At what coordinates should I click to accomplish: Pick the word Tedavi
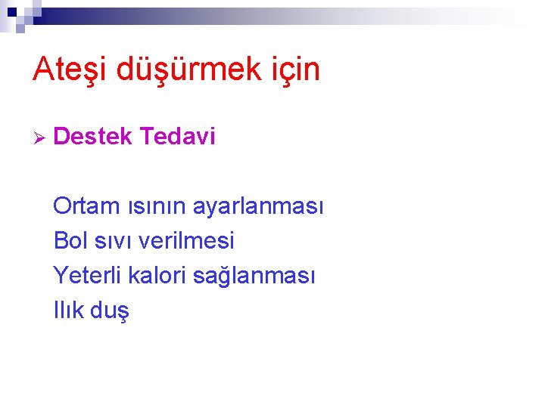point(178,137)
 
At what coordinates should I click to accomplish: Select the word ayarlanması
point(258,206)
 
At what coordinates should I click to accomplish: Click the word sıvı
point(114,241)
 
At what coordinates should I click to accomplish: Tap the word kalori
point(158,276)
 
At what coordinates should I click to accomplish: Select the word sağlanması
point(254,276)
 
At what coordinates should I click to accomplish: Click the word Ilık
point(69,311)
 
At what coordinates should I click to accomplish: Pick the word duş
point(111,311)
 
